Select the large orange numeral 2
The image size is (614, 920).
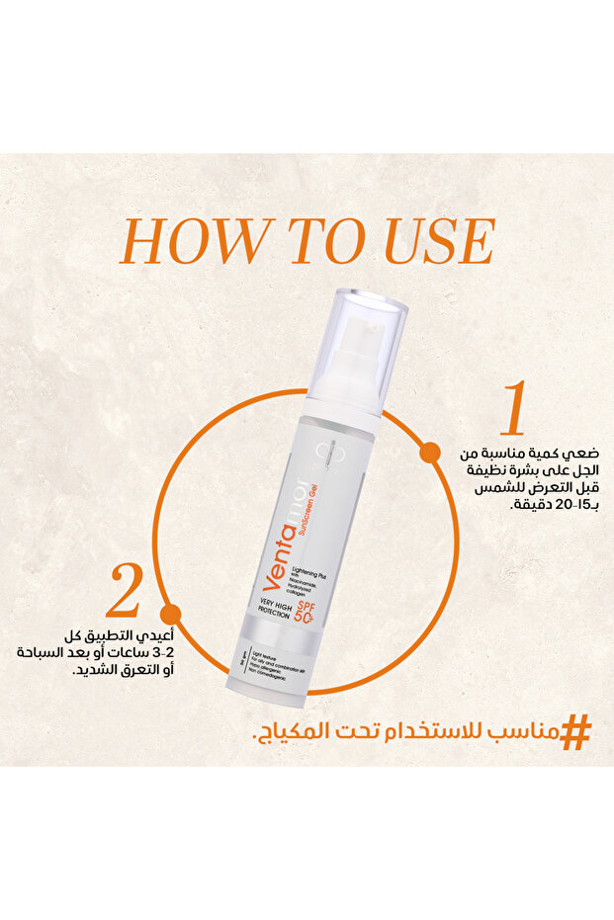click(x=126, y=592)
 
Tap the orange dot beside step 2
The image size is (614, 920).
click(x=170, y=615)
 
